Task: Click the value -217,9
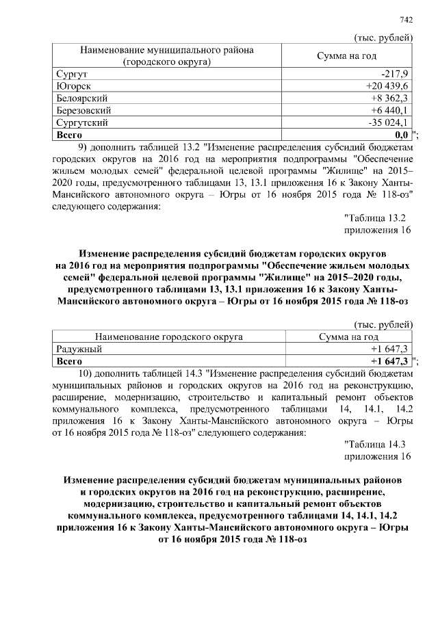(395, 73)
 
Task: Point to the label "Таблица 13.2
(375, 218)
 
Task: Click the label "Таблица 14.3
(375, 445)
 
